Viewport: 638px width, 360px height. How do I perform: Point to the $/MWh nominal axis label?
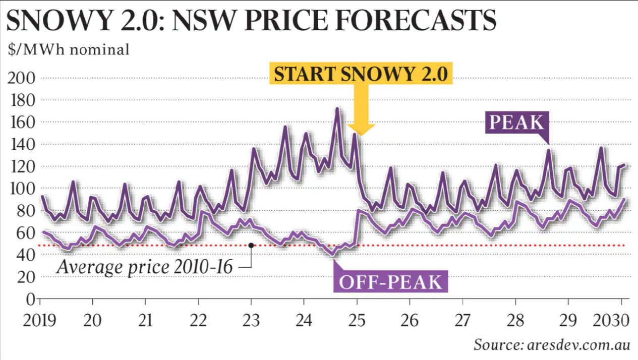pyautogui.click(x=69, y=50)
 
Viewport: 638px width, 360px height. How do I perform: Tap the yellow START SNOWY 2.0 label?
pyautogui.click(x=361, y=75)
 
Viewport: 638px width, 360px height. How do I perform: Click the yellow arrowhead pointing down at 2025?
pyautogui.click(x=361, y=128)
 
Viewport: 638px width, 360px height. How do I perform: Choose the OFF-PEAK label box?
pyautogui.click(x=390, y=282)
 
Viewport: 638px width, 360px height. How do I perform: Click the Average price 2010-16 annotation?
pyautogui.click(x=144, y=267)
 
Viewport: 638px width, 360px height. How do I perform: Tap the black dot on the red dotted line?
pyautogui.click(x=251, y=246)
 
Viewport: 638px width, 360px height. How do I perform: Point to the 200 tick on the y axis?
pyautogui.click(x=21, y=78)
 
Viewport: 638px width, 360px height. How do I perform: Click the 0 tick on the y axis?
pyautogui.click(x=29, y=299)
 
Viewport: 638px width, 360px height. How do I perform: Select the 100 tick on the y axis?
pyautogui.click(x=21, y=189)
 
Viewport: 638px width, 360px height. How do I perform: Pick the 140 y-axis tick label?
pyautogui.click(x=21, y=145)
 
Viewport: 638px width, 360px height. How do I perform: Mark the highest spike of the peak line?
pyautogui.click(x=337, y=109)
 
